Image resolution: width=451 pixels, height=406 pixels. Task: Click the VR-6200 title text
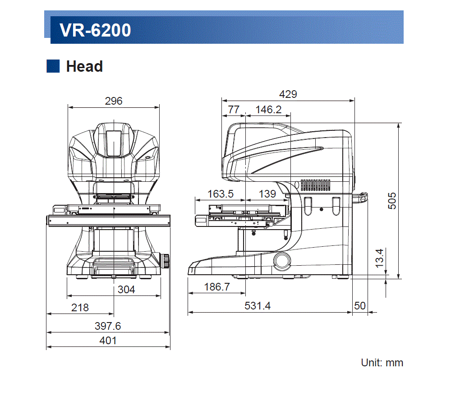95,30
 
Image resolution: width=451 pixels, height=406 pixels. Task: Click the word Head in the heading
84,66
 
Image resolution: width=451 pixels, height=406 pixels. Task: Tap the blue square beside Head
53,66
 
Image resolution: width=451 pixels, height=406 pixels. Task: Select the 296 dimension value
114,101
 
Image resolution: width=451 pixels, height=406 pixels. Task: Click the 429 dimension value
288,94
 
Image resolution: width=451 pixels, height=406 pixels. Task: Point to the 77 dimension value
233,110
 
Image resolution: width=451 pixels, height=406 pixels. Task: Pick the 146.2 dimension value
268,110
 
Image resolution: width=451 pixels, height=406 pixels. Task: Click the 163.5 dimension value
221,194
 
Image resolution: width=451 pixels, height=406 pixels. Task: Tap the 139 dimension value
267,194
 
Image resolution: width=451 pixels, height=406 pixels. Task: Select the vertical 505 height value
392,200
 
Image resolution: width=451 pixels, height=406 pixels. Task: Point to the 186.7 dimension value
217,287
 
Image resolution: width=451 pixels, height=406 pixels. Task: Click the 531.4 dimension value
258,306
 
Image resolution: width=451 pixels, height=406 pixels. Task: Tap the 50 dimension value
360,306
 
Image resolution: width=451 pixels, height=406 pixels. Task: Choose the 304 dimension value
126,290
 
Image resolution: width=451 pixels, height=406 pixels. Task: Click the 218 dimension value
80,308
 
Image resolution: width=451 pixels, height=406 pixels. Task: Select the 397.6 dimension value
108,326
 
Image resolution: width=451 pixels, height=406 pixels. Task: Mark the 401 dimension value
108,341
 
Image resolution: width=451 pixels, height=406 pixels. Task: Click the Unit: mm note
382,363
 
